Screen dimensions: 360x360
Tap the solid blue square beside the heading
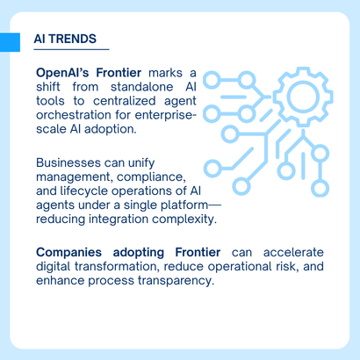10,41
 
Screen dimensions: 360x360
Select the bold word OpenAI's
63,71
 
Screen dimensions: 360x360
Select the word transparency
173,280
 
